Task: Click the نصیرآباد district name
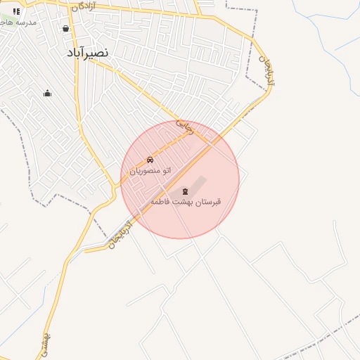88,53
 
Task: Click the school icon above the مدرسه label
16,11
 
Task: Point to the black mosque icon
47,94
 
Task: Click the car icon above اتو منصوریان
150,160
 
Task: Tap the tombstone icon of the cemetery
186,191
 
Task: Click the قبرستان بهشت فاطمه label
186,202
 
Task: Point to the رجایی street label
184,127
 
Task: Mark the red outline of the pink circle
239,179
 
